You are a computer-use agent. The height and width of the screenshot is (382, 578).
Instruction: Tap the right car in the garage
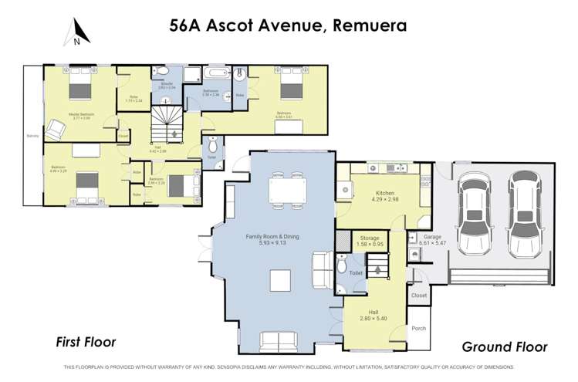click(x=523, y=211)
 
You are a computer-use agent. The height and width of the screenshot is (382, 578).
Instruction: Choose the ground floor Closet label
click(x=419, y=295)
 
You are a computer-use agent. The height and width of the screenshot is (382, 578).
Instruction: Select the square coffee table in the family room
click(x=281, y=279)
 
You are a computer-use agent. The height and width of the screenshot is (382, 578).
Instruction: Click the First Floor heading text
click(x=85, y=340)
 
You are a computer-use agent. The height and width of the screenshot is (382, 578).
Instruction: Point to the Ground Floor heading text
click(x=505, y=347)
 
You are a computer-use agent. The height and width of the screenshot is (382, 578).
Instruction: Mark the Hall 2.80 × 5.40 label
click(x=373, y=316)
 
